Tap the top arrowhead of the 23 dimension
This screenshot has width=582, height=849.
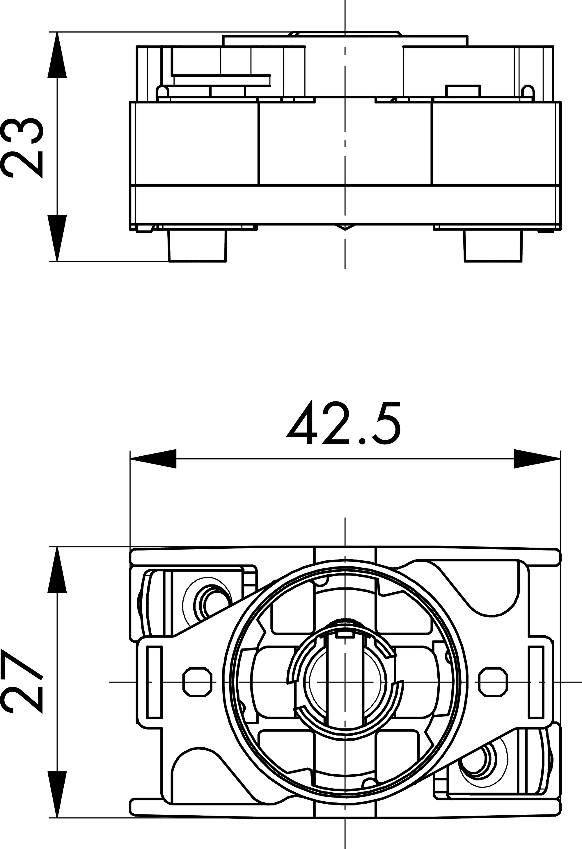[x=57, y=55]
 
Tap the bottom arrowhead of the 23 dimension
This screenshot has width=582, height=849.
[x=57, y=238]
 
